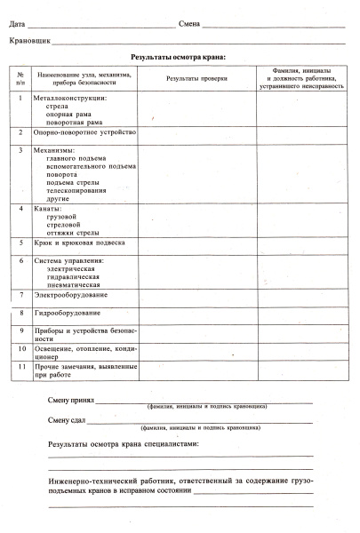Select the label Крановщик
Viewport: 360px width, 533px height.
point(28,41)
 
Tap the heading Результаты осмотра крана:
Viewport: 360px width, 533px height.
point(179,58)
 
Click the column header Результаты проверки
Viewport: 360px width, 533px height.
point(196,79)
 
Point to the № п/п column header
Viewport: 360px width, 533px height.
point(20,79)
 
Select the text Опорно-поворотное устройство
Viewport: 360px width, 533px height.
point(84,132)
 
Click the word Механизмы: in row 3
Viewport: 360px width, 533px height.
point(55,150)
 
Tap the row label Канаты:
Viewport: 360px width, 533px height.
point(49,209)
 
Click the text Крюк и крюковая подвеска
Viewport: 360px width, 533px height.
point(79,243)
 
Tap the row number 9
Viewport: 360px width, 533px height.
point(20,330)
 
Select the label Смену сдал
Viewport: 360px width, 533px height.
point(67,420)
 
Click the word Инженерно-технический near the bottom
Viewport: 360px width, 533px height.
point(94,481)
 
